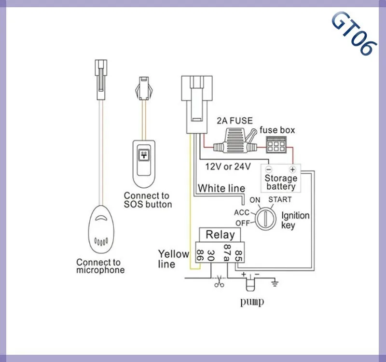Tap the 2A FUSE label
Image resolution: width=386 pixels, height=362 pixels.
tap(234, 121)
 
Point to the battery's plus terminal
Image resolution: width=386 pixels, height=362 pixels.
tap(292, 169)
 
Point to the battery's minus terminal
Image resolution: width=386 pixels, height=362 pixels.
tap(269, 169)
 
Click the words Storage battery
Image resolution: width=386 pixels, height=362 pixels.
tap(280, 182)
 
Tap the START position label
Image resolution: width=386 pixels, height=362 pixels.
tap(280, 199)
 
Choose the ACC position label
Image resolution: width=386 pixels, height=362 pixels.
tap(241, 212)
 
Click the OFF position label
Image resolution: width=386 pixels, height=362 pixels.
tap(242, 223)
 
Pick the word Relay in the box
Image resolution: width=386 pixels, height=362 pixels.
tap(220, 235)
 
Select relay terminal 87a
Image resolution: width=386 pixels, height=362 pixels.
tap(226, 252)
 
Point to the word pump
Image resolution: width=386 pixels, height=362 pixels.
tap(253, 303)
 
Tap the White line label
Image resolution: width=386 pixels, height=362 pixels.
tap(221, 188)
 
